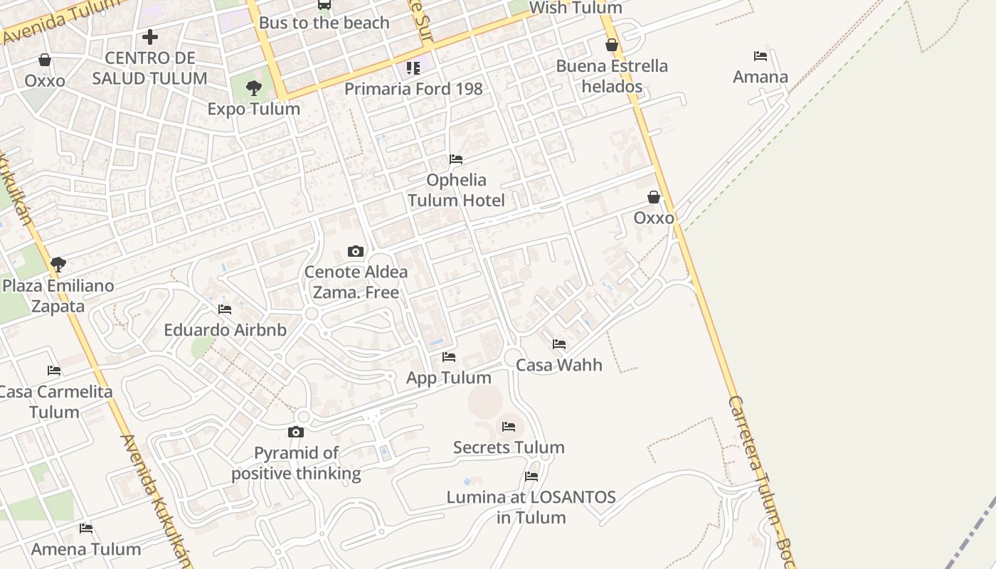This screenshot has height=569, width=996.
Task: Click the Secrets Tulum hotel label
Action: pyautogui.click(x=509, y=447)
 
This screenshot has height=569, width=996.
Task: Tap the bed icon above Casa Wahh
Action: pyautogui.click(x=559, y=344)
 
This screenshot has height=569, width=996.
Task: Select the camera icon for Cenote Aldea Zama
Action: pyautogui.click(x=356, y=251)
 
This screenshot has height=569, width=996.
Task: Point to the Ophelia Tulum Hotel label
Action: pyautogui.click(x=456, y=190)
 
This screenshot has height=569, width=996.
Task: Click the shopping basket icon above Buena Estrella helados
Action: pyautogui.click(x=612, y=45)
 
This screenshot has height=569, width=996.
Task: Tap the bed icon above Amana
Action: pyautogui.click(x=761, y=55)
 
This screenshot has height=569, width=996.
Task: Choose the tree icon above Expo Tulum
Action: pyautogui.click(x=253, y=88)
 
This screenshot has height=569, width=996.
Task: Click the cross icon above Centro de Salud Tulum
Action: pyautogui.click(x=150, y=36)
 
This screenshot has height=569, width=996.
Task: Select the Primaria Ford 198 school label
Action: pyautogui.click(x=413, y=89)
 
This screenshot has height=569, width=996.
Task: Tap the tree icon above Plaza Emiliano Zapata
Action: pyautogui.click(x=58, y=265)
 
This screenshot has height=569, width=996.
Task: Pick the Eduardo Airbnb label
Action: pyautogui.click(x=225, y=330)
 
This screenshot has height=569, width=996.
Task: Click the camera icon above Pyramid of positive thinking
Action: pyautogui.click(x=296, y=432)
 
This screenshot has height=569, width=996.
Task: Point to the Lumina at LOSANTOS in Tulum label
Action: pyautogui.click(x=531, y=507)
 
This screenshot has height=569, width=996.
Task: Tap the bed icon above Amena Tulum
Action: pyautogui.click(x=86, y=528)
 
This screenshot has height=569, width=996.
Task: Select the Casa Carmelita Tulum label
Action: pyautogui.click(x=55, y=402)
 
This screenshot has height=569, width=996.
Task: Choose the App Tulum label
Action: pyautogui.click(x=448, y=378)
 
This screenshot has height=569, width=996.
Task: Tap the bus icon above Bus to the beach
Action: pyautogui.click(x=324, y=4)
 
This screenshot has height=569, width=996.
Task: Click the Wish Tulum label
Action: pyautogui.click(x=576, y=9)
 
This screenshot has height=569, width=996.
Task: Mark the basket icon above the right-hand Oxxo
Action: pyautogui.click(x=654, y=197)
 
